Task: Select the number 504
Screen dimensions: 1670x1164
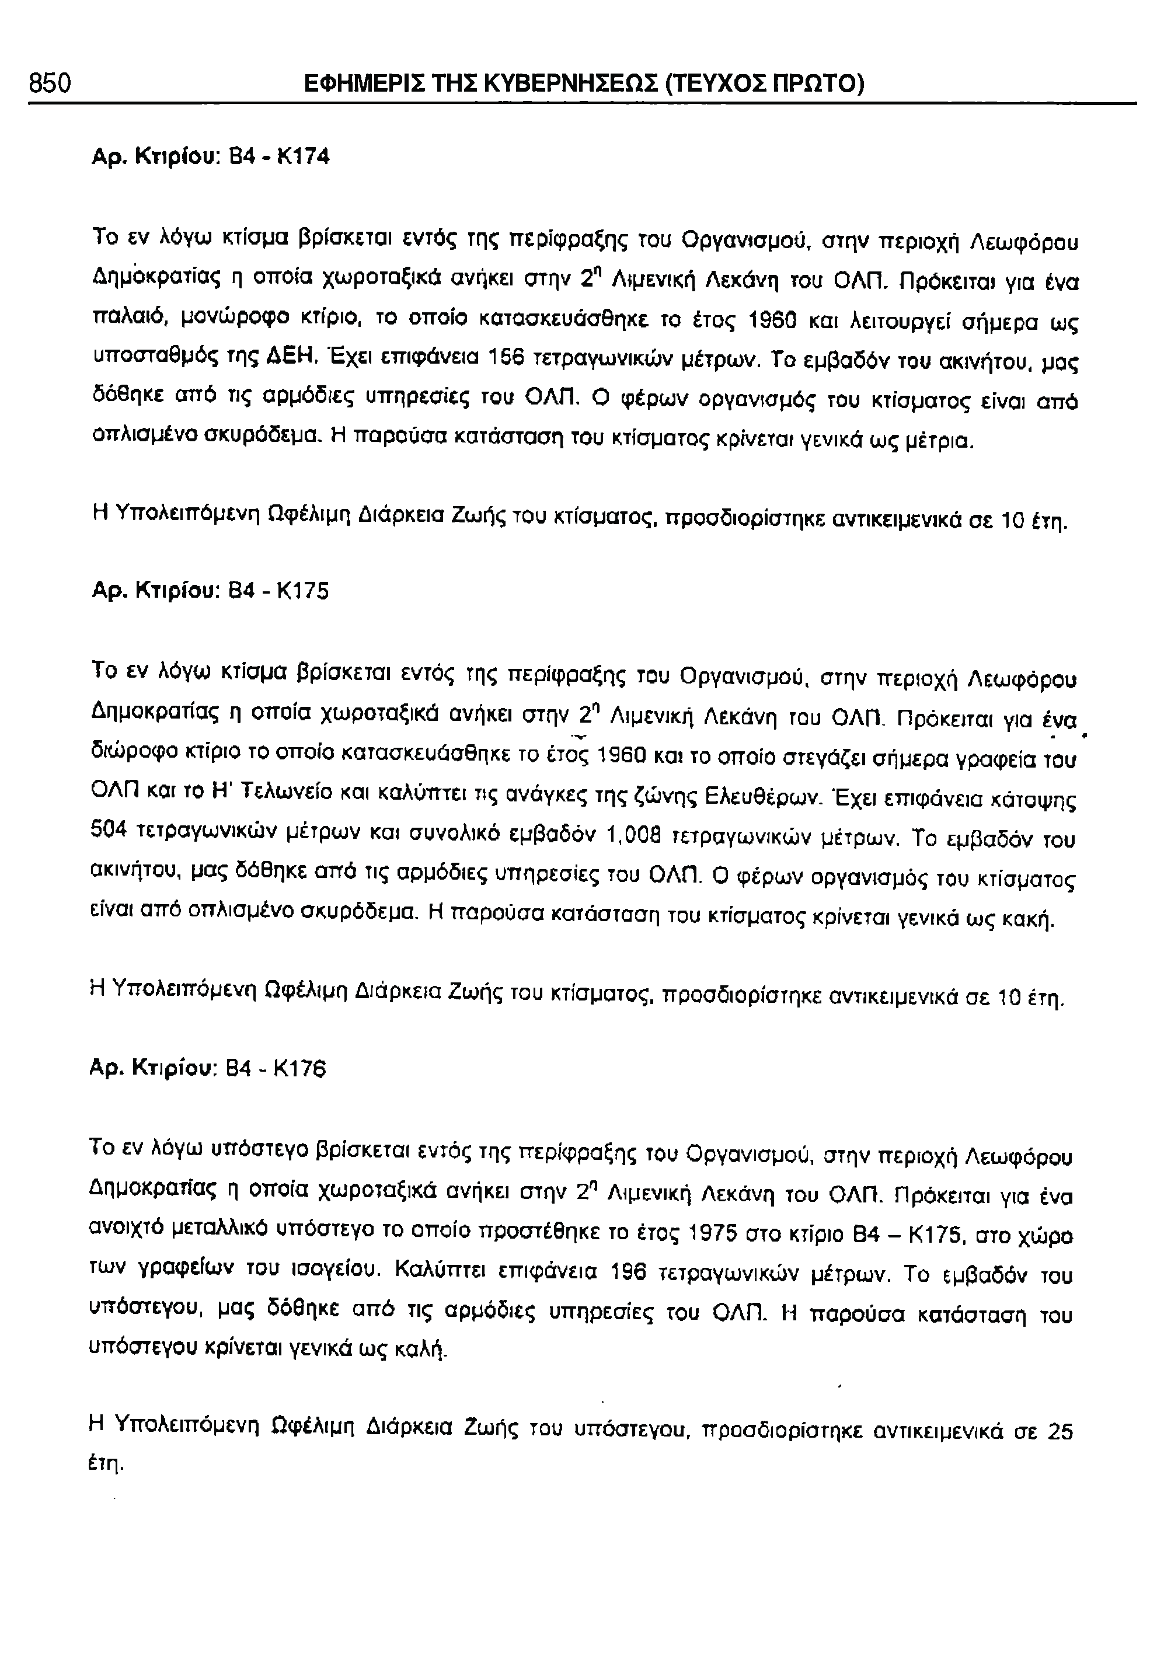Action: pyautogui.click(x=110, y=840)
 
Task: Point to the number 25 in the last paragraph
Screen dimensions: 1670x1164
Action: pyautogui.click(x=1060, y=1431)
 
